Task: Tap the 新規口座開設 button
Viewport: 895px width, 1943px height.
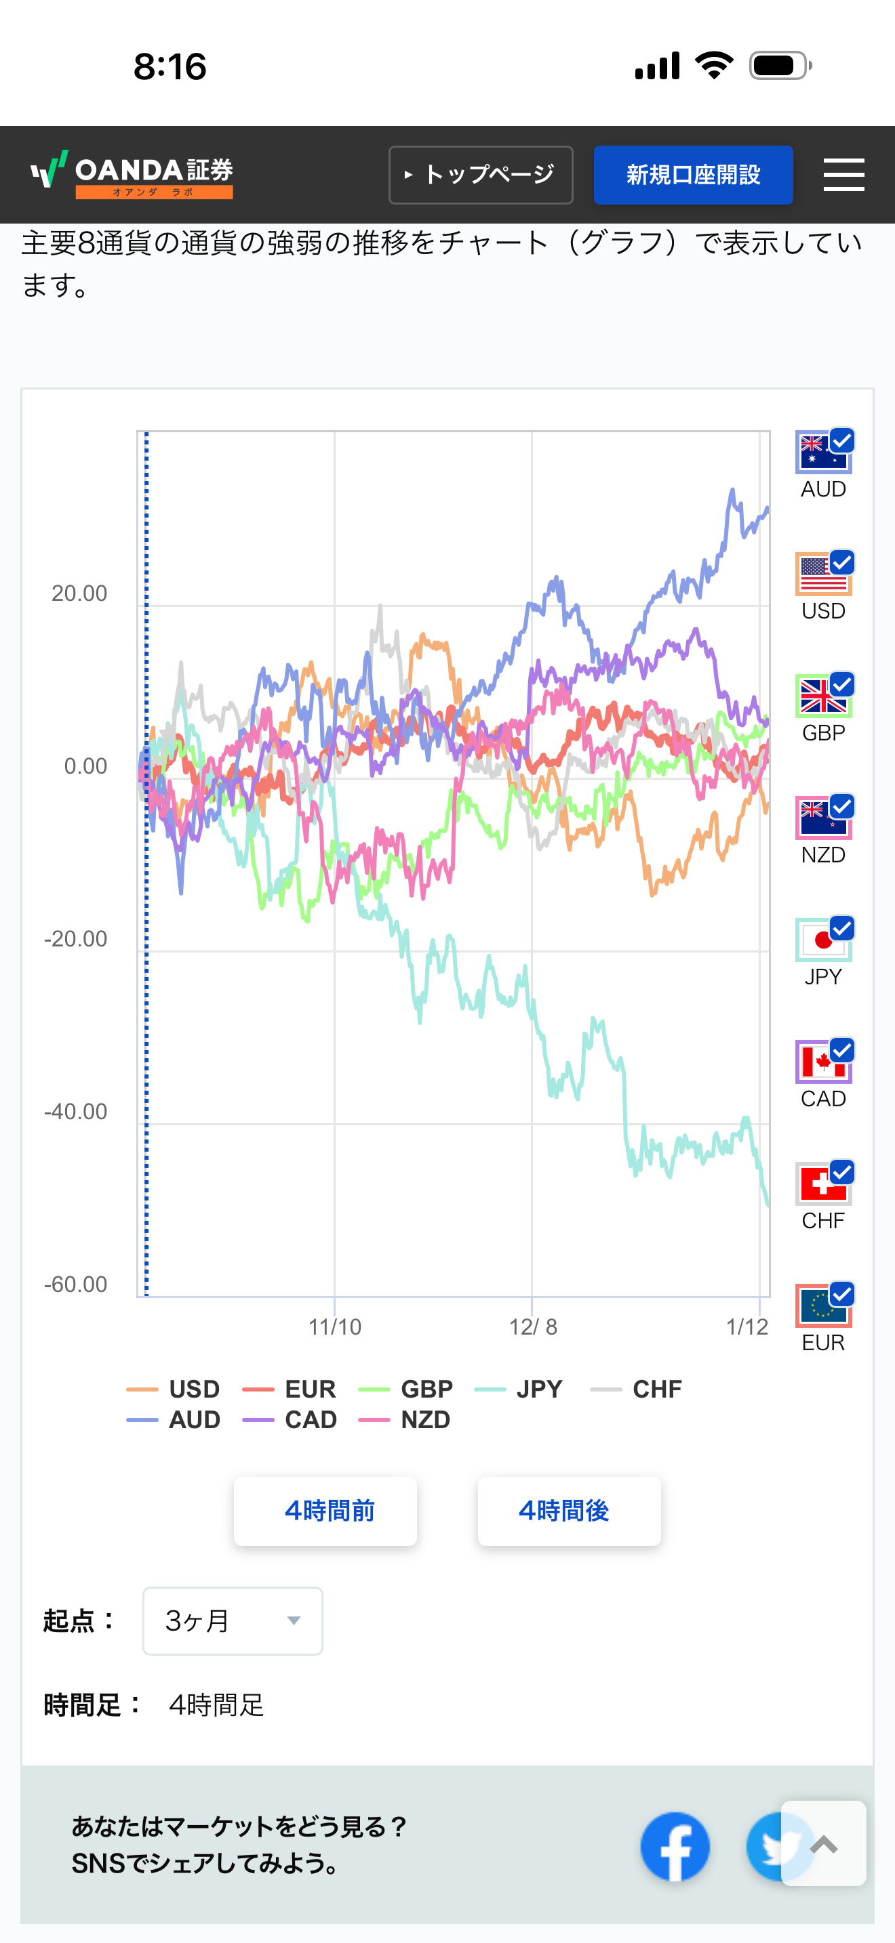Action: pos(693,175)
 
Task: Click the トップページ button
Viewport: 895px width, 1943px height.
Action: pos(481,175)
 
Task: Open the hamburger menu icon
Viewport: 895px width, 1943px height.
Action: pos(843,175)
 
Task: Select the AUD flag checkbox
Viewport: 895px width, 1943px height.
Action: pos(841,440)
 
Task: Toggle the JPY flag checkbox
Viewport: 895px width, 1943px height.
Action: pos(841,927)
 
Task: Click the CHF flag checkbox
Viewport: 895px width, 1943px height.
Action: pos(841,1172)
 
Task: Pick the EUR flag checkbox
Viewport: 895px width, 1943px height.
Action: pos(841,1295)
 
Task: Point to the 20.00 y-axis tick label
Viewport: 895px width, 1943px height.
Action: pos(79,593)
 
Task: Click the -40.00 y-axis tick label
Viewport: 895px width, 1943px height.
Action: pos(75,1112)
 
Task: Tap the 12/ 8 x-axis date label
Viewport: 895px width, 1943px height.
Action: pos(533,1326)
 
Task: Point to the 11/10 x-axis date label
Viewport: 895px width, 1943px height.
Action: pos(334,1326)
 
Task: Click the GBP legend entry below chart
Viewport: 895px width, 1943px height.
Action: pos(407,1389)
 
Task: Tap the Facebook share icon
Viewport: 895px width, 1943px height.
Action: pos(675,1845)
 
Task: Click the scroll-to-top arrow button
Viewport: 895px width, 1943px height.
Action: pos(823,1844)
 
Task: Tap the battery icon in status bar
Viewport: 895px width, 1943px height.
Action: pos(780,66)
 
